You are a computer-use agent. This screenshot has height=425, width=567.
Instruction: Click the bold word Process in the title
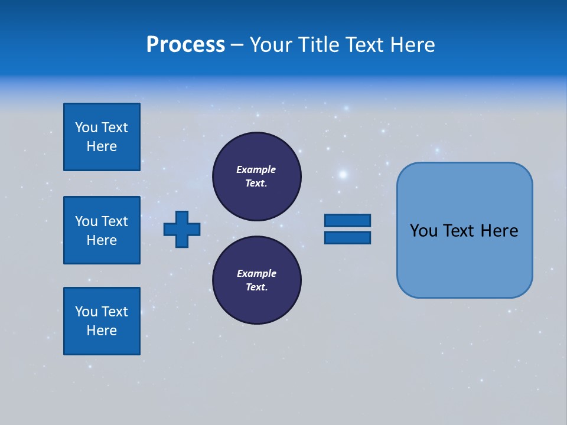[185, 45]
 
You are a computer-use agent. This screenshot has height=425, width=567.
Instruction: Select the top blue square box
[102, 137]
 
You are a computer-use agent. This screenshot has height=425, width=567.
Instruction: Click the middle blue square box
[102, 230]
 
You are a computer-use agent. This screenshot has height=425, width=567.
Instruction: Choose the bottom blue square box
[102, 321]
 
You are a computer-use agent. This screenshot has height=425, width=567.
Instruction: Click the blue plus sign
[182, 228]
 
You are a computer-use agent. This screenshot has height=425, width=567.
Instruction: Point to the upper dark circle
[256, 176]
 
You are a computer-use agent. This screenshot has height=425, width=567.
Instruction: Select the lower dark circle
[256, 280]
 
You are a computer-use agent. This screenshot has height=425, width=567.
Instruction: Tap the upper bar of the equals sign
[347, 220]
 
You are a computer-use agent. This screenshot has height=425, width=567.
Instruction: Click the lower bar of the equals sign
[347, 237]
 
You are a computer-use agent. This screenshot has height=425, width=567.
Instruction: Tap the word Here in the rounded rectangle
[499, 231]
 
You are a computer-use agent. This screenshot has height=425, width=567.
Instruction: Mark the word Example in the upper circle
[256, 169]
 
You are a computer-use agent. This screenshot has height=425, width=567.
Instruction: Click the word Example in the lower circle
[256, 273]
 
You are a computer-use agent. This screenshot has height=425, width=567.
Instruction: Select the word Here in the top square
[102, 146]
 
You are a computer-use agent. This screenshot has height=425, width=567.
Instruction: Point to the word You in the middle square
[86, 221]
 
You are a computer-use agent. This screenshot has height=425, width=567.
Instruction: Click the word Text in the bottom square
[115, 312]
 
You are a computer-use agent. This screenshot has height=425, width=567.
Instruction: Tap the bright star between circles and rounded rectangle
[343, 174]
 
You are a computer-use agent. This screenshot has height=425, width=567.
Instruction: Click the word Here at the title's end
[412, 45]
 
